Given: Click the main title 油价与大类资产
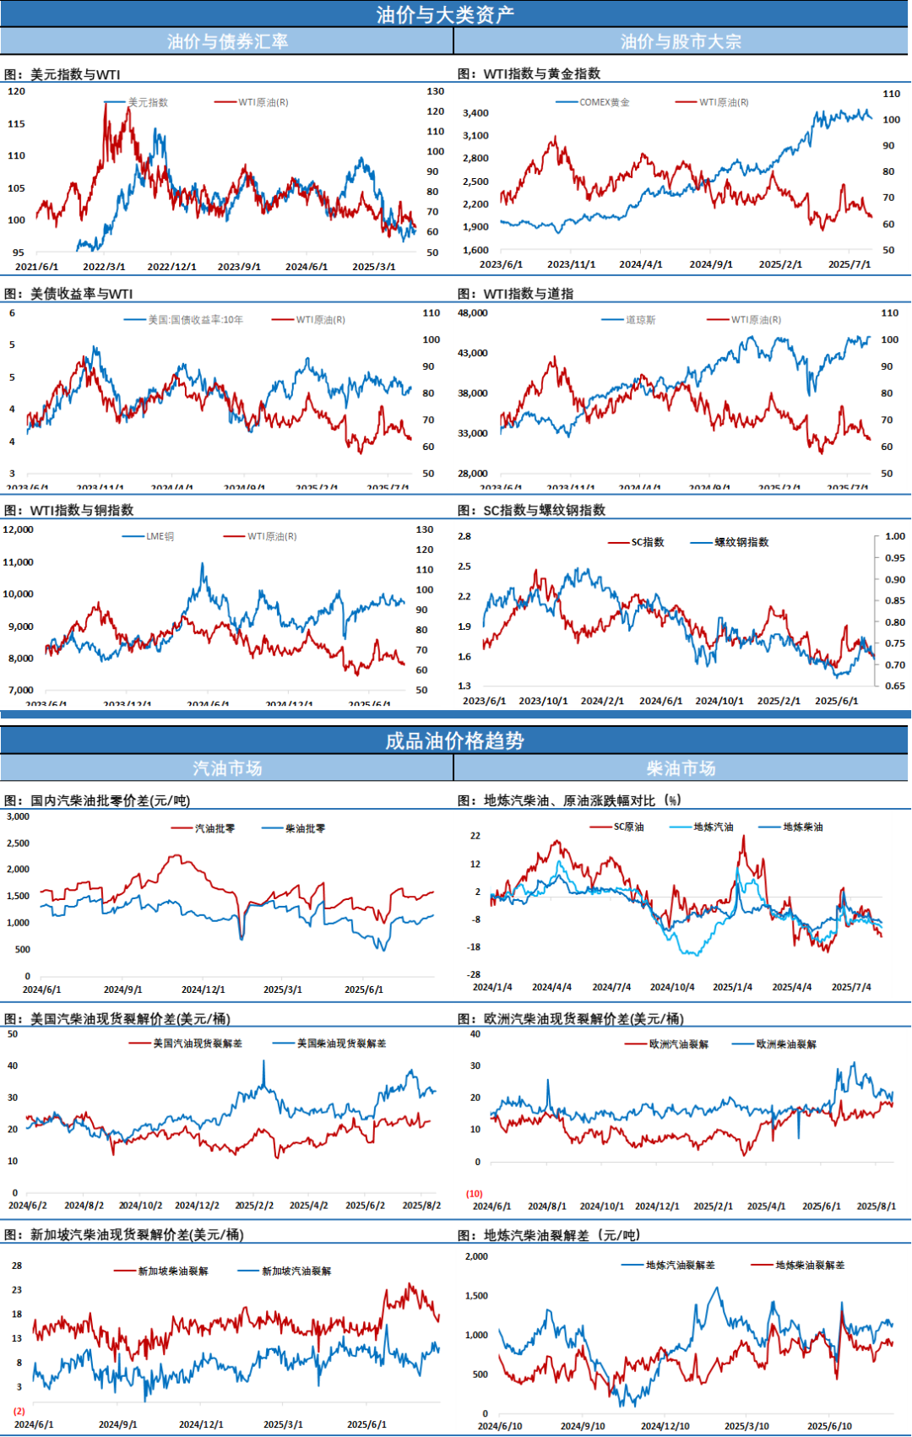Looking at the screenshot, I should click(445, 14).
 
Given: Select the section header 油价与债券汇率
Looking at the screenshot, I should click(227, 41).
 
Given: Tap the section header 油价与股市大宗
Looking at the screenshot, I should click(681, 41).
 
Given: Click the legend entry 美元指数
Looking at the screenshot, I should click(148, 102).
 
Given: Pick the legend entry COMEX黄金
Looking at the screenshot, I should click(604, 102).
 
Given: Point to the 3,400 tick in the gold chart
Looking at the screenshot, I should click(475, 113).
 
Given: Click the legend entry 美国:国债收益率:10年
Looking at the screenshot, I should click(195, 320).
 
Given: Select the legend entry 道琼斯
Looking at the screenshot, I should click(640, 320).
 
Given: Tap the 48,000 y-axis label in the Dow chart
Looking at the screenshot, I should click(473, 313).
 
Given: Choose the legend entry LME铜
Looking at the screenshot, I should click(160, 537).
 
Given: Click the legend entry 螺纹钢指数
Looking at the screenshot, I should click(741, 542).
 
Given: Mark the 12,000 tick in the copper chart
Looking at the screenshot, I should click(18, 530).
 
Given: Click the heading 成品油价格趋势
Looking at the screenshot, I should click(454, 740).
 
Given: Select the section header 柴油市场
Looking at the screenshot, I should click(681, 768).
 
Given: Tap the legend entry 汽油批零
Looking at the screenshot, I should click(214, 829).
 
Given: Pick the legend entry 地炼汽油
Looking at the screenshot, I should click(713, 827).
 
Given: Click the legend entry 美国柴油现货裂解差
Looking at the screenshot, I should click(341, 1044).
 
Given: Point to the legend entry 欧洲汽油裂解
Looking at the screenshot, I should click(678, 1044).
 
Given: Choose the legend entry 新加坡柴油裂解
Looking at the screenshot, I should click(172, 1272).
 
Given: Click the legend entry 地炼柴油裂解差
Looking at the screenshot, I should click(810, 1265).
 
